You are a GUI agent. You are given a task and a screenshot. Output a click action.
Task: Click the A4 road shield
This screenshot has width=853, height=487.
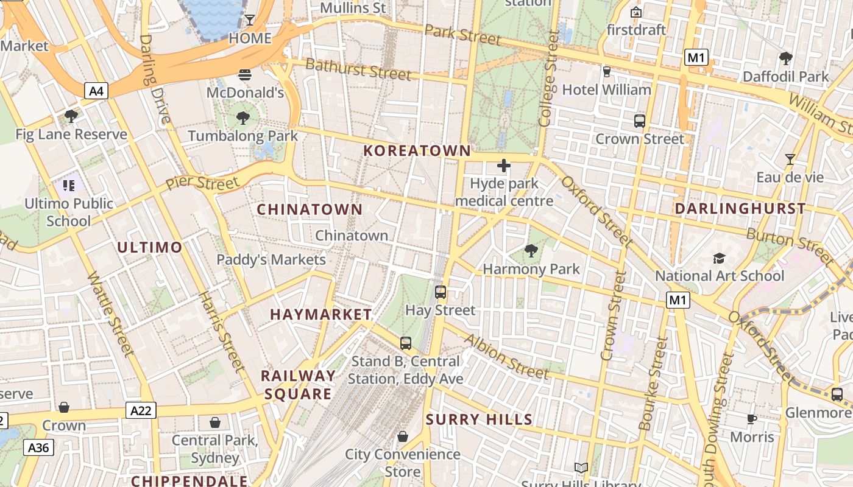(x=96, y=91)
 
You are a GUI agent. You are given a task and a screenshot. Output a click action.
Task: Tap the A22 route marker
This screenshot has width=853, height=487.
(x=141, y=410)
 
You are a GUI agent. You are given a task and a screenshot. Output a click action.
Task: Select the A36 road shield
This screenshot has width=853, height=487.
(x=38, y=448)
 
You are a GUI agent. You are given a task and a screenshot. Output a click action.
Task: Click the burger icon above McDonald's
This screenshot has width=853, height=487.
(x=245, y=75)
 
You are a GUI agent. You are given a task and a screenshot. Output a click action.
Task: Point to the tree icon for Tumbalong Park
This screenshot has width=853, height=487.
(x=243, y=117)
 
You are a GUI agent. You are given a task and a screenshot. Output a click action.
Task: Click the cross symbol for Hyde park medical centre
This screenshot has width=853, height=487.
(x=504, y=166)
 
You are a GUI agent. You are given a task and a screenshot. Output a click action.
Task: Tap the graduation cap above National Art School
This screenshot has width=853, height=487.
(x=719, y=258)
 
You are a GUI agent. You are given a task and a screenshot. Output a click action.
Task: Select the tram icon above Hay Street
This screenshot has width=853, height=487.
(x=441, y=292)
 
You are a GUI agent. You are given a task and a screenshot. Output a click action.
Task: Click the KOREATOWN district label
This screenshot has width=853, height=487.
(x=417, y=151)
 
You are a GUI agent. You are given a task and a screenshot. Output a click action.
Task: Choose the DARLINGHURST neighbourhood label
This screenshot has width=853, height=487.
(x=740, y=209)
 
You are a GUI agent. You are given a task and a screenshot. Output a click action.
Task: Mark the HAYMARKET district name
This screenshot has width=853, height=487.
(x=320, y=315)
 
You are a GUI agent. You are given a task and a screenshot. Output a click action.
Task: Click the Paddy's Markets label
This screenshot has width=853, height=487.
(x=271, y=260)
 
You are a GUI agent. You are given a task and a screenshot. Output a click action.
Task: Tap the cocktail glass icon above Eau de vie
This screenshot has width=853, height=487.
(x=790, y=159)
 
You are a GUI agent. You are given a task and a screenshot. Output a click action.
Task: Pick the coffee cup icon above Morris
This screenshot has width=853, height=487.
(x=752, y=419)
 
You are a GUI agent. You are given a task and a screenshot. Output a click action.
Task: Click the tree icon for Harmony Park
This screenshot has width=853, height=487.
(x=531, y=250)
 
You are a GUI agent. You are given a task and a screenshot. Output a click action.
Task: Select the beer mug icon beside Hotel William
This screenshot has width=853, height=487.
(x=606, y=72)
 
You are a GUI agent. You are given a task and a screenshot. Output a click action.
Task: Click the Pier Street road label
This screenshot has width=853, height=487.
(x=202, y=183)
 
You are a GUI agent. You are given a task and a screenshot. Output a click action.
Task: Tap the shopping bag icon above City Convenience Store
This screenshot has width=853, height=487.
(x=402, y=436)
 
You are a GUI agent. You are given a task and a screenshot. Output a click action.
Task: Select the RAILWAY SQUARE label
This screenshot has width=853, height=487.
(x=298, y=385)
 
